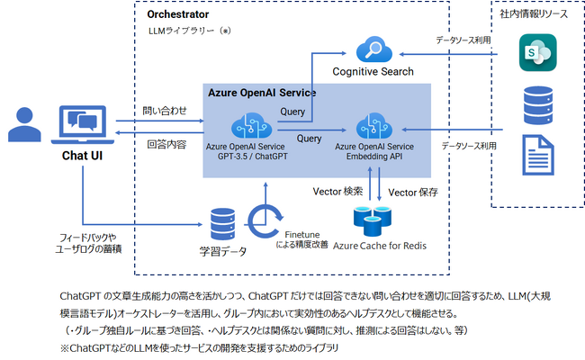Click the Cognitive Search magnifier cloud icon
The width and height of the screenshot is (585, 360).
coord(374,49)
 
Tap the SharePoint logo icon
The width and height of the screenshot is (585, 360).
coord(537,52)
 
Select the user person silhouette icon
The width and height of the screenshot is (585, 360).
coord(24,124)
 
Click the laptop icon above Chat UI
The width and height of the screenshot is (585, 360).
coord(83,124)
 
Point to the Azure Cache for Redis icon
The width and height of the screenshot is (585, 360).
coord(373,220)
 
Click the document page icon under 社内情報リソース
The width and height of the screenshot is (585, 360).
coord(538,155)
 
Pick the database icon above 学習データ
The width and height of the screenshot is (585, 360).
coord(222,224)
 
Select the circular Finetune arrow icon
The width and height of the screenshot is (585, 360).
coord(265,220)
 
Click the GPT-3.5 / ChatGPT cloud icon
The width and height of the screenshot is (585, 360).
coord(251,126)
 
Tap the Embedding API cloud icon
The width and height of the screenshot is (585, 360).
coord(374,126)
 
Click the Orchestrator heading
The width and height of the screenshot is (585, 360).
coord(178,14)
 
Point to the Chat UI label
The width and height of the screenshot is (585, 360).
coord(82,156)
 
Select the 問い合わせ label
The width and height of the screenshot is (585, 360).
coord(165,111)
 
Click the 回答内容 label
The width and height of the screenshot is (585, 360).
coord(166,144)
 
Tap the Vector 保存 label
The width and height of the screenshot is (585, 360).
coord(413,192)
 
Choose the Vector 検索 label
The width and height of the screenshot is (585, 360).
coord(337,192)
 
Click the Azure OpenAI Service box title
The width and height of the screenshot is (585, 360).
coord(262,93)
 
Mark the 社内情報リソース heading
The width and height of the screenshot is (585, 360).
coord(534,14)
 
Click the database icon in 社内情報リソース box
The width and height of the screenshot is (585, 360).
coord(538,105)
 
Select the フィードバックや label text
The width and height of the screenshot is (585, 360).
coord(88,238)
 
